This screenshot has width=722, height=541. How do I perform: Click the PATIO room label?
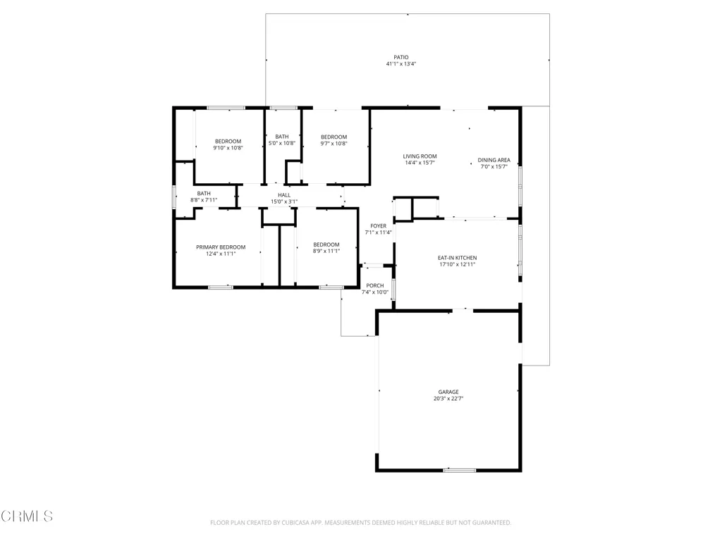click(401, 58)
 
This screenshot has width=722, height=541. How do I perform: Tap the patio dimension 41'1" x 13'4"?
click(401, 64)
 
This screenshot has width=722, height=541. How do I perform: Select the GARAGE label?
click(448, 392)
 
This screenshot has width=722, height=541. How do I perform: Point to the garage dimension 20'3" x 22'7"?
click(448, 399)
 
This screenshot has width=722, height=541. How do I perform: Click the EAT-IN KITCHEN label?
click(457, 258)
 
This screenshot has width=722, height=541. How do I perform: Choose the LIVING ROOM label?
click(420, 156)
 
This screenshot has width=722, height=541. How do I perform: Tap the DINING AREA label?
click(494, 160)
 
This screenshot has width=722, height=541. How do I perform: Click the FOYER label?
click(379, 226)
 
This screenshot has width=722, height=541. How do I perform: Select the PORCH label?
click(375, 286)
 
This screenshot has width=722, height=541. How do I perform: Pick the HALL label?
click(284, 195)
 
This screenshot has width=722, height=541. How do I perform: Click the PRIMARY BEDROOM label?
click(221, 247)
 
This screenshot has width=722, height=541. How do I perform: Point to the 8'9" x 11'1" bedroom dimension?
click(326, 251)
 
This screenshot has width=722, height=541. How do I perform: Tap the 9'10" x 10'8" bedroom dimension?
click(228, 148)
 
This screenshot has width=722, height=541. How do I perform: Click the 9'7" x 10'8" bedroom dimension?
click(334, 144)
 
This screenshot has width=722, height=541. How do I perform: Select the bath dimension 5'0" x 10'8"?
click(282, 143)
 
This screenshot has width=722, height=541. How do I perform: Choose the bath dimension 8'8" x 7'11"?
click(204, 200)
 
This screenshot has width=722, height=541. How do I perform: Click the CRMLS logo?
click(27, 516)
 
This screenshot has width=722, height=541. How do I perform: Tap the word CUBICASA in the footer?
click(300, 523)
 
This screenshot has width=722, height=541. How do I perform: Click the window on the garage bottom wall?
click(460, 470)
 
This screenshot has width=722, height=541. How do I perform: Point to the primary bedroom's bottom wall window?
click(221, 287)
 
